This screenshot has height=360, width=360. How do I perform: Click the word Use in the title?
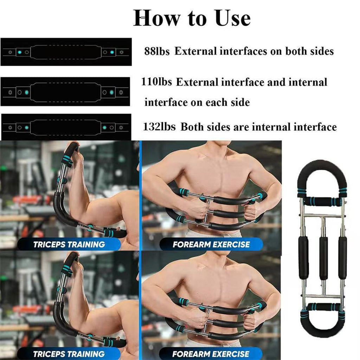[233, 18]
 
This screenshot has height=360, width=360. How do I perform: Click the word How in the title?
[156, 18]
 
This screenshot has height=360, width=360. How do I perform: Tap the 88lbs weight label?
[157, 51]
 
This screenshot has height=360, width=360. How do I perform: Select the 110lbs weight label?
[156, 82]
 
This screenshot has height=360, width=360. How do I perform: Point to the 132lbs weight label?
[159, 127]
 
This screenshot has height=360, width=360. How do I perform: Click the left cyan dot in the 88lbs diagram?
[20, 52]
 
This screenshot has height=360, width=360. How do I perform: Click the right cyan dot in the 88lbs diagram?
[112, 52]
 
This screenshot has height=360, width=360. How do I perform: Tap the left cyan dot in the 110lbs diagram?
[27, 92]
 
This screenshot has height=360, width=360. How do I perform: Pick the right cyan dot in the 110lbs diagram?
[111, 92]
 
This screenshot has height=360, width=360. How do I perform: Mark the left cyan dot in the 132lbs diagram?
[27, 127]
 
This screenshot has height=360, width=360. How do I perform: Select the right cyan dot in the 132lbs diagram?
[104, 127]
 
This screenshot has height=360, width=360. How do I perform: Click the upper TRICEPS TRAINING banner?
[69, 244]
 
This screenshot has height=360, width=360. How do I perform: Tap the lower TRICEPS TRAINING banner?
[69, 354]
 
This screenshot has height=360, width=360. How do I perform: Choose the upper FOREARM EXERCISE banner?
[211, 244]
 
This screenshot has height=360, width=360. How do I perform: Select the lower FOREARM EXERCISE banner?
[211, 354]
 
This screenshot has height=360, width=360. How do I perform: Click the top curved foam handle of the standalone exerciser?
[322, 163]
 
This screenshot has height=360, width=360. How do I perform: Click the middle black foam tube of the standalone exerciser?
[323, 258]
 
